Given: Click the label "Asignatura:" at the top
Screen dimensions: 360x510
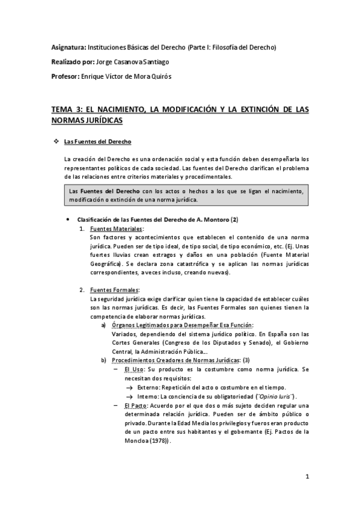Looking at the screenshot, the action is pos(68,47).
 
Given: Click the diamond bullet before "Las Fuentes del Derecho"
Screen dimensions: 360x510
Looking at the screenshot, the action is pos(56,142).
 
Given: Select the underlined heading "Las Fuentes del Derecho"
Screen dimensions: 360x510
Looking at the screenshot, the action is pos(97,142).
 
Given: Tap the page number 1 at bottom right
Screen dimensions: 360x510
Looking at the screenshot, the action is pos(307,478).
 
